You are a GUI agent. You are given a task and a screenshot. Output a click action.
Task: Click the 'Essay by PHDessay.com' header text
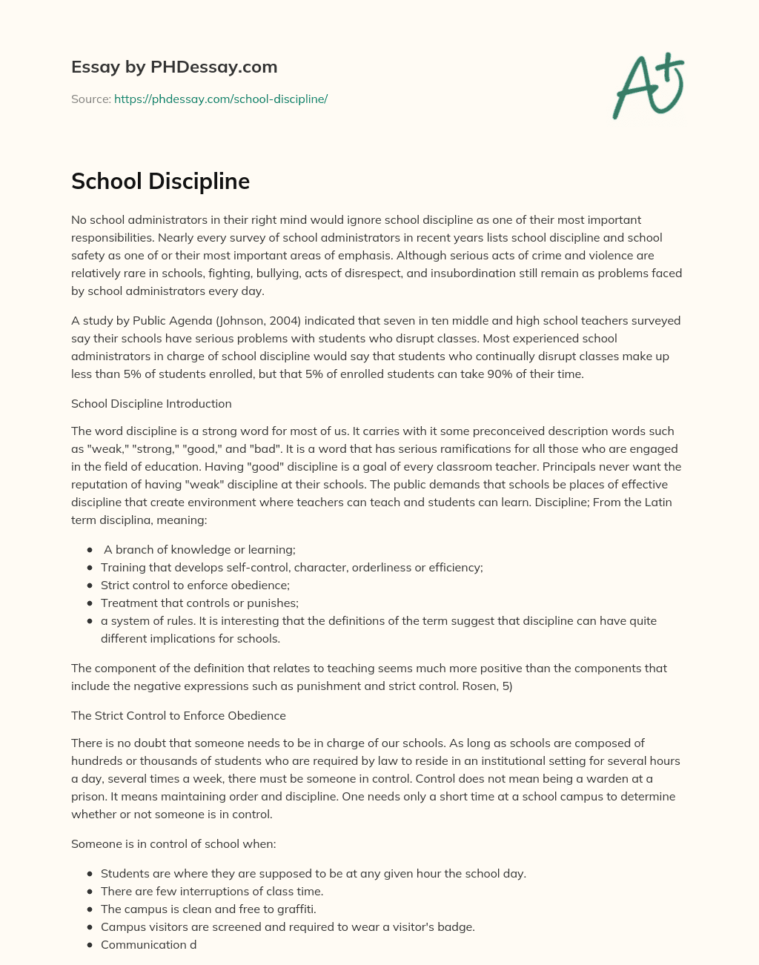pos(174,67)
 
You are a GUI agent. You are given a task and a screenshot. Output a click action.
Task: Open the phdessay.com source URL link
pos(221,99)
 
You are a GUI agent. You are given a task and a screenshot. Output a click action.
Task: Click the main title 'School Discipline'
pos(160,181)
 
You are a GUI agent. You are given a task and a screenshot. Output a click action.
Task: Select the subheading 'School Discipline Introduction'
pos(151,404)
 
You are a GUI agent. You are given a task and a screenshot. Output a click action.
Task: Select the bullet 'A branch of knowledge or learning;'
pos(199,550)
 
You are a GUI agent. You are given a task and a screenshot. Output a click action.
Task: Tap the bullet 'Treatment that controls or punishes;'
pos(199,603)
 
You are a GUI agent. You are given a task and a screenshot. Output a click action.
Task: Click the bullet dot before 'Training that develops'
pos(90,568)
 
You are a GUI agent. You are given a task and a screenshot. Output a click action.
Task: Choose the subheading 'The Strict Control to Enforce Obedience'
pos(179,716)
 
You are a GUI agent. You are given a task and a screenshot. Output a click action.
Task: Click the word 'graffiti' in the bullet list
pos(294,909)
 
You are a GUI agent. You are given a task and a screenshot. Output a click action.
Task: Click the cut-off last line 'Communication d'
pos(148,945)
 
